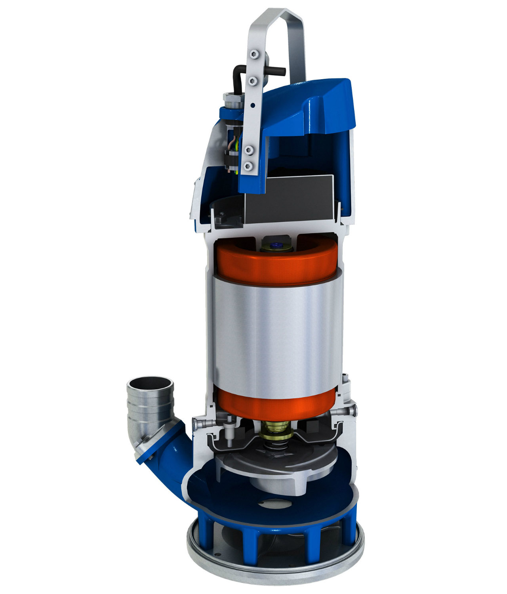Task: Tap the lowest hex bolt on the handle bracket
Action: pyautogui.click(x=249, y=165)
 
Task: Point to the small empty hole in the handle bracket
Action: pyautogui.click(x=252, y=105)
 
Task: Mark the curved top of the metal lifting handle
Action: pyautogui.click(x=277, y=12)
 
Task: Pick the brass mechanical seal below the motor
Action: pyautogui.click(x=277, y=430)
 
